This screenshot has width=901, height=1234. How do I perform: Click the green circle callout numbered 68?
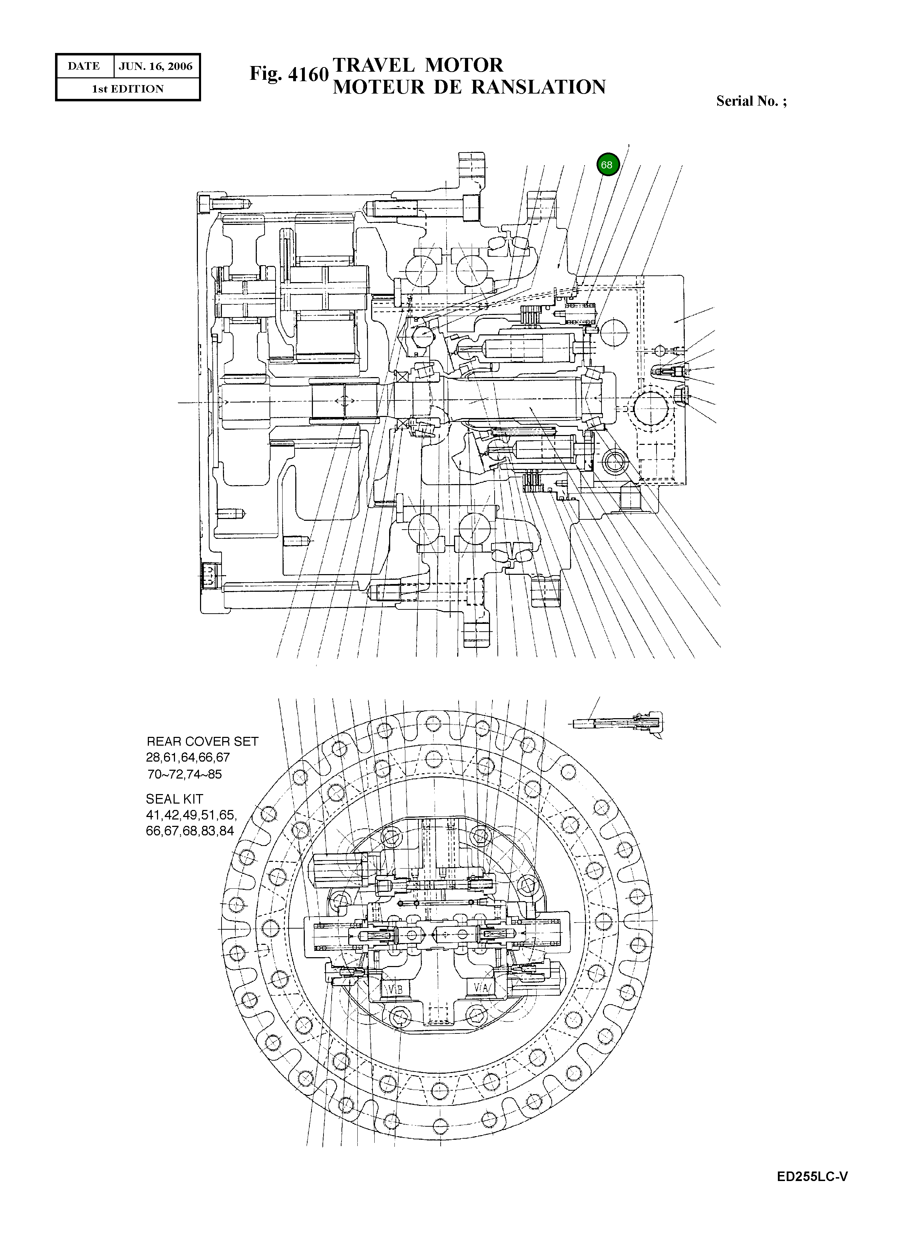607,164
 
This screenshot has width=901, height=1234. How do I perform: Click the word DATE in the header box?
84,66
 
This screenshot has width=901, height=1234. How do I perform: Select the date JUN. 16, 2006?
156,66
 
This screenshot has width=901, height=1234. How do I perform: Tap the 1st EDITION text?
128,89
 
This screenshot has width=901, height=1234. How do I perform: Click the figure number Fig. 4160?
289,74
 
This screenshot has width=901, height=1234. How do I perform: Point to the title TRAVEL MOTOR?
418,65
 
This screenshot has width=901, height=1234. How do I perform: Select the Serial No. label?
751,101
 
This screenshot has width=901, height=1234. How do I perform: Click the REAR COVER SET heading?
202,741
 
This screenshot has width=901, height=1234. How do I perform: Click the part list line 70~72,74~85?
185,774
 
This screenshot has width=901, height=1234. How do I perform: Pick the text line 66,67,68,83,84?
190,831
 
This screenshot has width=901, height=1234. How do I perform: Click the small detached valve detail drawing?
619,723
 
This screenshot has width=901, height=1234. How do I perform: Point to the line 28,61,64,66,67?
188,758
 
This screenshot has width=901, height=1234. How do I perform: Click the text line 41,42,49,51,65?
191,815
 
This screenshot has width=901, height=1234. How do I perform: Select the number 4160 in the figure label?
308,74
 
